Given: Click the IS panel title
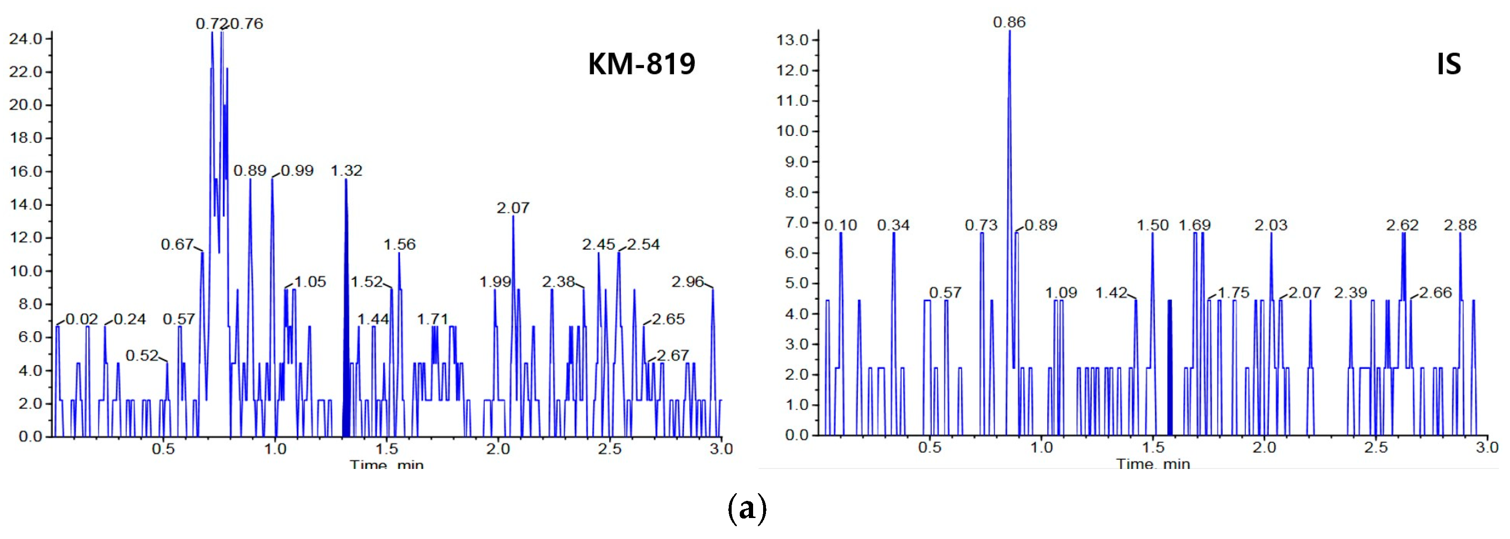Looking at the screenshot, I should (x=1449, y=64).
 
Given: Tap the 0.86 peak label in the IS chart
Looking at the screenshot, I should (x=1009, y=22).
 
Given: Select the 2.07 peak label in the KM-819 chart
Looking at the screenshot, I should (x=513, y=208).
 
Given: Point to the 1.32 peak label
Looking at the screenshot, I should (x=347, y=171).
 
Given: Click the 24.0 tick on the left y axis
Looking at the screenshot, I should (x=26, y=39).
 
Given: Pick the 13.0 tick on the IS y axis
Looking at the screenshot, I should (x=793, y=40).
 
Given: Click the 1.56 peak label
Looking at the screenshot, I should (x=399, y=244).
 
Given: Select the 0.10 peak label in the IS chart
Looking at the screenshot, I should (x=841, y=225).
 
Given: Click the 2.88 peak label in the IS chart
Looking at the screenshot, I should (x=1459, y=225).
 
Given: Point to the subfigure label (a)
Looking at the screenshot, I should (x=747, y=508).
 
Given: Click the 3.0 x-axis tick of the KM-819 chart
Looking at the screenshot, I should (x=721, y=449).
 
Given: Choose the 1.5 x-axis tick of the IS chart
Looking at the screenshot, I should (x=1153, y=447).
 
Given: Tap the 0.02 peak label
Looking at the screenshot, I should (x=82, y=319).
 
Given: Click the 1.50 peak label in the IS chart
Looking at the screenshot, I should (x=1153, y=225).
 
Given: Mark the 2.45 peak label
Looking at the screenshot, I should (x=599, y=244).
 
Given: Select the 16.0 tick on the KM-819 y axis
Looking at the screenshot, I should (x=26, y=172).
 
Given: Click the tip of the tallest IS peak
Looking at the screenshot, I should (x=1010, y=31).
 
